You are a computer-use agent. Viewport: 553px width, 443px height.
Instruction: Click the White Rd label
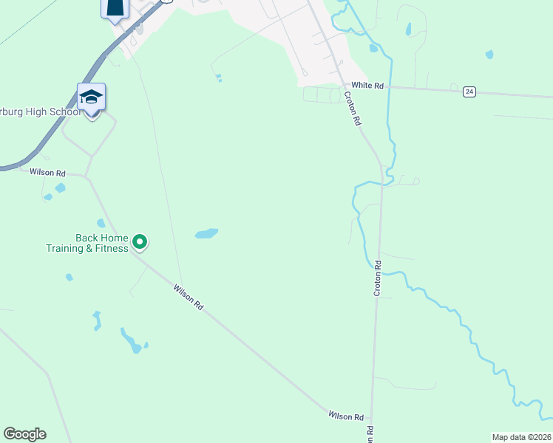tap(367, 86)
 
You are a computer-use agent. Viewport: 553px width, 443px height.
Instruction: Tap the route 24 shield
tap(469, 92)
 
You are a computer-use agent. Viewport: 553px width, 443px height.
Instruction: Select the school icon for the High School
tap(91, 97)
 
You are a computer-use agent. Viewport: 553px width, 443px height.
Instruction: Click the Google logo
tap(24, 434)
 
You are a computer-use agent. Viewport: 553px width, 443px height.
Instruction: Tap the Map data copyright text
tap(522, 436)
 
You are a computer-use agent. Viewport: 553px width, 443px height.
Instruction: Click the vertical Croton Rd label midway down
tap(377, 278)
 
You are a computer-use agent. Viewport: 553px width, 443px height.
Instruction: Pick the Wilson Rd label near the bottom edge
tap(347, 417)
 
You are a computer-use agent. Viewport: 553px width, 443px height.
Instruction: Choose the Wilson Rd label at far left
tap(47, 173)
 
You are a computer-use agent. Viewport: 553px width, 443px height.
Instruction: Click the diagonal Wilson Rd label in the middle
tap(188, 296)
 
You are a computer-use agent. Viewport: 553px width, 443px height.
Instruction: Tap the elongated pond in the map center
tap(206, 234)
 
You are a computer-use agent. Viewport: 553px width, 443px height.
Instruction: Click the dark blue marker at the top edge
tap(115, 7)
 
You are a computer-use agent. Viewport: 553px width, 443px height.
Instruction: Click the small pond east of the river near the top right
tap(489, 54)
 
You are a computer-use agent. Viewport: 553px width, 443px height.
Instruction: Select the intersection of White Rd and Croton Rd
tap(342, 86)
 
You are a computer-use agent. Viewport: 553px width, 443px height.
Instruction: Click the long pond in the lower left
tap(131, 341)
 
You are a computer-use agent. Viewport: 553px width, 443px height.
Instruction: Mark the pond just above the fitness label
tap(101, 223)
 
